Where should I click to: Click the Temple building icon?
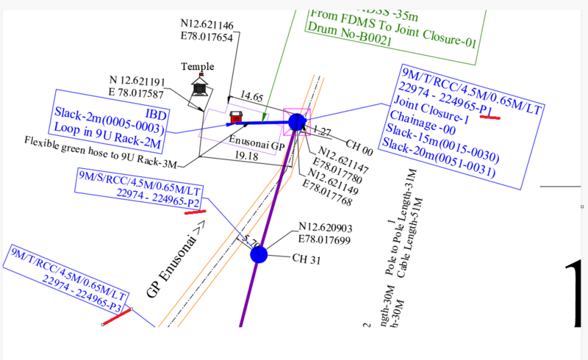pos(199,87)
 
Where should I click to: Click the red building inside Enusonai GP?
pos(237,117)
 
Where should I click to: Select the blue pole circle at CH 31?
pos(259,255)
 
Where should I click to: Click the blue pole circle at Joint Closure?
pos(297,121)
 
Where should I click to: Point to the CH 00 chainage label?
pos(359,147)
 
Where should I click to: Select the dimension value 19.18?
pos(247,156)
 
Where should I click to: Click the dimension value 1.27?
pos(322,132)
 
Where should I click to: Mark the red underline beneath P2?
pos(195,212)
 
